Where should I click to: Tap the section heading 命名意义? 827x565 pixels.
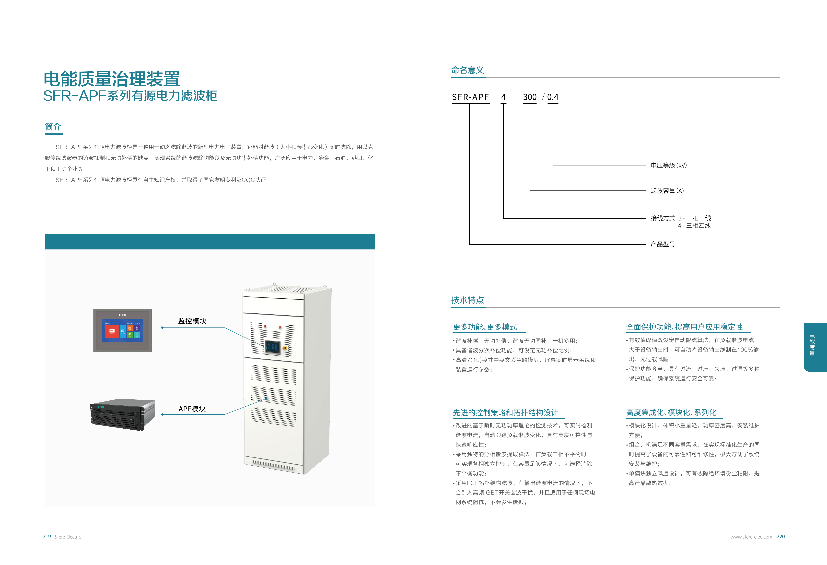(467, 70)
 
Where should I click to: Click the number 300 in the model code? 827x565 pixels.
(530, 97)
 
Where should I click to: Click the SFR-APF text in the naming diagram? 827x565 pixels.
(470, 97)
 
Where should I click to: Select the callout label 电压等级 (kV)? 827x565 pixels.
(668, 165)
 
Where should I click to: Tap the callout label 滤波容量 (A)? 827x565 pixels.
(667, 191)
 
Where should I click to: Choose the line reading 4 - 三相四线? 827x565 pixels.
(694, 226)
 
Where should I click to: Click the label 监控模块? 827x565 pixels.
(192, 321)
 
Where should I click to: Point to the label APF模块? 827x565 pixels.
(192, 409)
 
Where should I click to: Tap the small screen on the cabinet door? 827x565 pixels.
(273, 347)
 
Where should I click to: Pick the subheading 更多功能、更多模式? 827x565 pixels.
(485, 327)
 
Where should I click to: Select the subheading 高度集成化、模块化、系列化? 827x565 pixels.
(671, 412)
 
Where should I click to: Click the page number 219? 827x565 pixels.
(47, 537)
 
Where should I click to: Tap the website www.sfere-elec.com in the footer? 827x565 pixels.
(751, 537)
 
